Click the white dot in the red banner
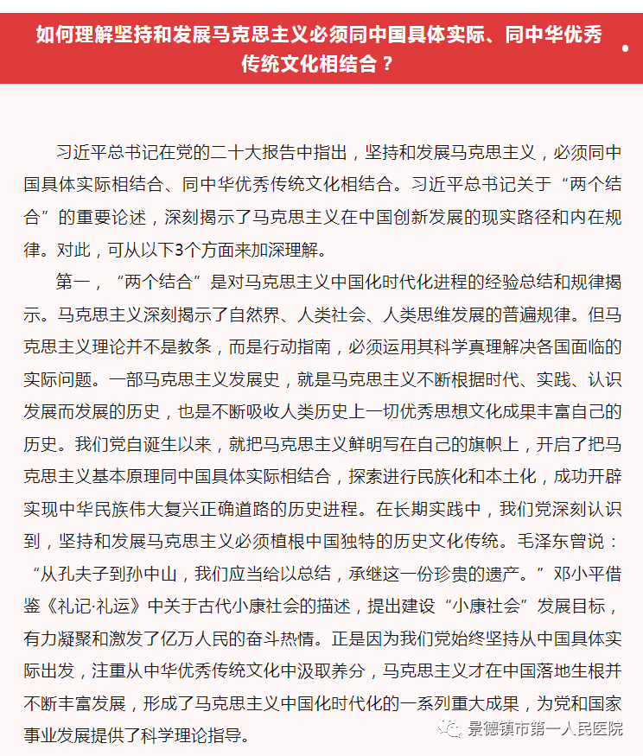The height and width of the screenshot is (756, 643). (625, 49)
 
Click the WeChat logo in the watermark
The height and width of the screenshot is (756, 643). (451, 728)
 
